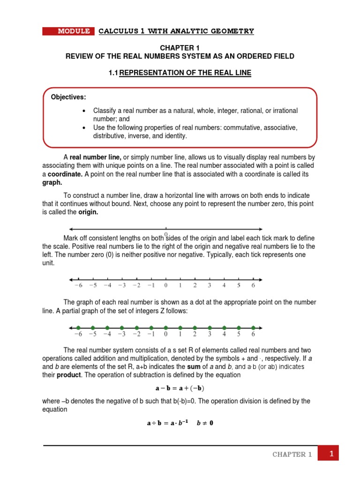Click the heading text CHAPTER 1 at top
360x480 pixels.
tap(180, 47)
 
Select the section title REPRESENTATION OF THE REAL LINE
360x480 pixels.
tap(185, 73)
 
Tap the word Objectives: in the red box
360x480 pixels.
tap(68, 97)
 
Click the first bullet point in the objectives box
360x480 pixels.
tap(84, 111)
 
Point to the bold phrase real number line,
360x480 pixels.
tap(96, 157)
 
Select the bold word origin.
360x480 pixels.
tap(88, 212)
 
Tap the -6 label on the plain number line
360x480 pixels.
tap(78, 285)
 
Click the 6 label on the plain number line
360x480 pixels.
tap(253, 285)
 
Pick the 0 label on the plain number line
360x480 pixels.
tap(165, 285)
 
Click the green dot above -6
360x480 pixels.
tap(78, 327)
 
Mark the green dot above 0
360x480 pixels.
tap(165, 327)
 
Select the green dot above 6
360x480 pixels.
tap(253, 327)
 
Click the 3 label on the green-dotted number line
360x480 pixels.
tap(210, 335)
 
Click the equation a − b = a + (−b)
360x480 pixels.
tap(180, 388)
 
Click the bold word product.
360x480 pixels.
tap(69, 375)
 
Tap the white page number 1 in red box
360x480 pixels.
tap(331, 454)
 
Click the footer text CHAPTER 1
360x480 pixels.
tap(292, 455)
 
